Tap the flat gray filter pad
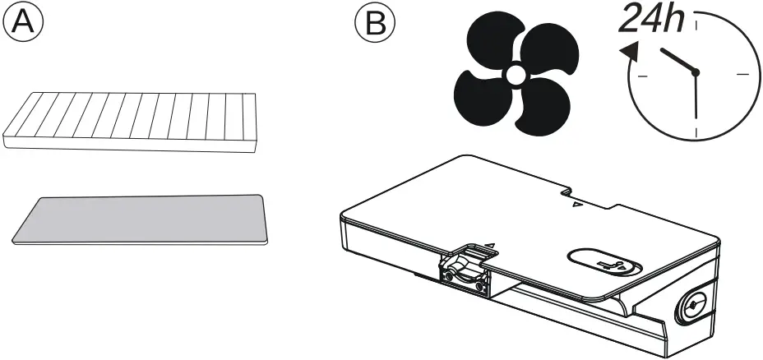pos(139,219)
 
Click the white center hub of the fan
pos(515,76)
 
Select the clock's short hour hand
pos(678,62)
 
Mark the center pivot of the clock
pos(696,73)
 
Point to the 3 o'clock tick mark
pos(742,74)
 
